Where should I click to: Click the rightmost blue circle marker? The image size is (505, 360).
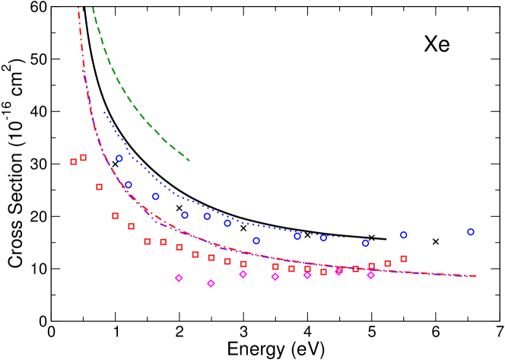click(x=471, y=232)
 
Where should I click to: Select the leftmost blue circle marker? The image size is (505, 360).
click(x=119, y=158)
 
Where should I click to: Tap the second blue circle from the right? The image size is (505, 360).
click(x=404, y=235)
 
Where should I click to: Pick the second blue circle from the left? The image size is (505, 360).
click(x=129, y=185)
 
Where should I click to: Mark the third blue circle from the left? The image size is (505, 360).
click(x=156, y=196)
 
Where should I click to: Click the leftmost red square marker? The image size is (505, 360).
click(x=74, y=161)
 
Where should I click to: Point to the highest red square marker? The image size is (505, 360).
click(x=83, y=158)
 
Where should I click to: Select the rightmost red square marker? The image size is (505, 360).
click(x=404, y=259)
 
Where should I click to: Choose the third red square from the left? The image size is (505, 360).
click(x=100, y=186)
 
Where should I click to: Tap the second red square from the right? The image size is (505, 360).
click(x=388, y=263)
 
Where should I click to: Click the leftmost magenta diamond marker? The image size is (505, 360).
click(x=179, y=278)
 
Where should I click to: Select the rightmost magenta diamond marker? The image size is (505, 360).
click(x=371, y=275)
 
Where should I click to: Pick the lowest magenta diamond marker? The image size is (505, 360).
click(x=211, y=283)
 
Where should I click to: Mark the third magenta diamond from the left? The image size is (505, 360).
click(x=243, y=274)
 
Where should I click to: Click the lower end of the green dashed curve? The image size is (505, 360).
click(x=189, y=161)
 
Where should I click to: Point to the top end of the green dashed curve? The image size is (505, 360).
click(x=93, y=8)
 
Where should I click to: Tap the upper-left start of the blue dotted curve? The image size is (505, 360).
click(x=104, y=113)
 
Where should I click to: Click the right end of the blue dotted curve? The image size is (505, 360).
click(x=351, y=238)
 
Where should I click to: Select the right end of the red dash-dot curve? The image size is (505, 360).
click(x=477, y=276)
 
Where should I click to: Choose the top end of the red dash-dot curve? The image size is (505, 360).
click(x=78, y=8)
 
